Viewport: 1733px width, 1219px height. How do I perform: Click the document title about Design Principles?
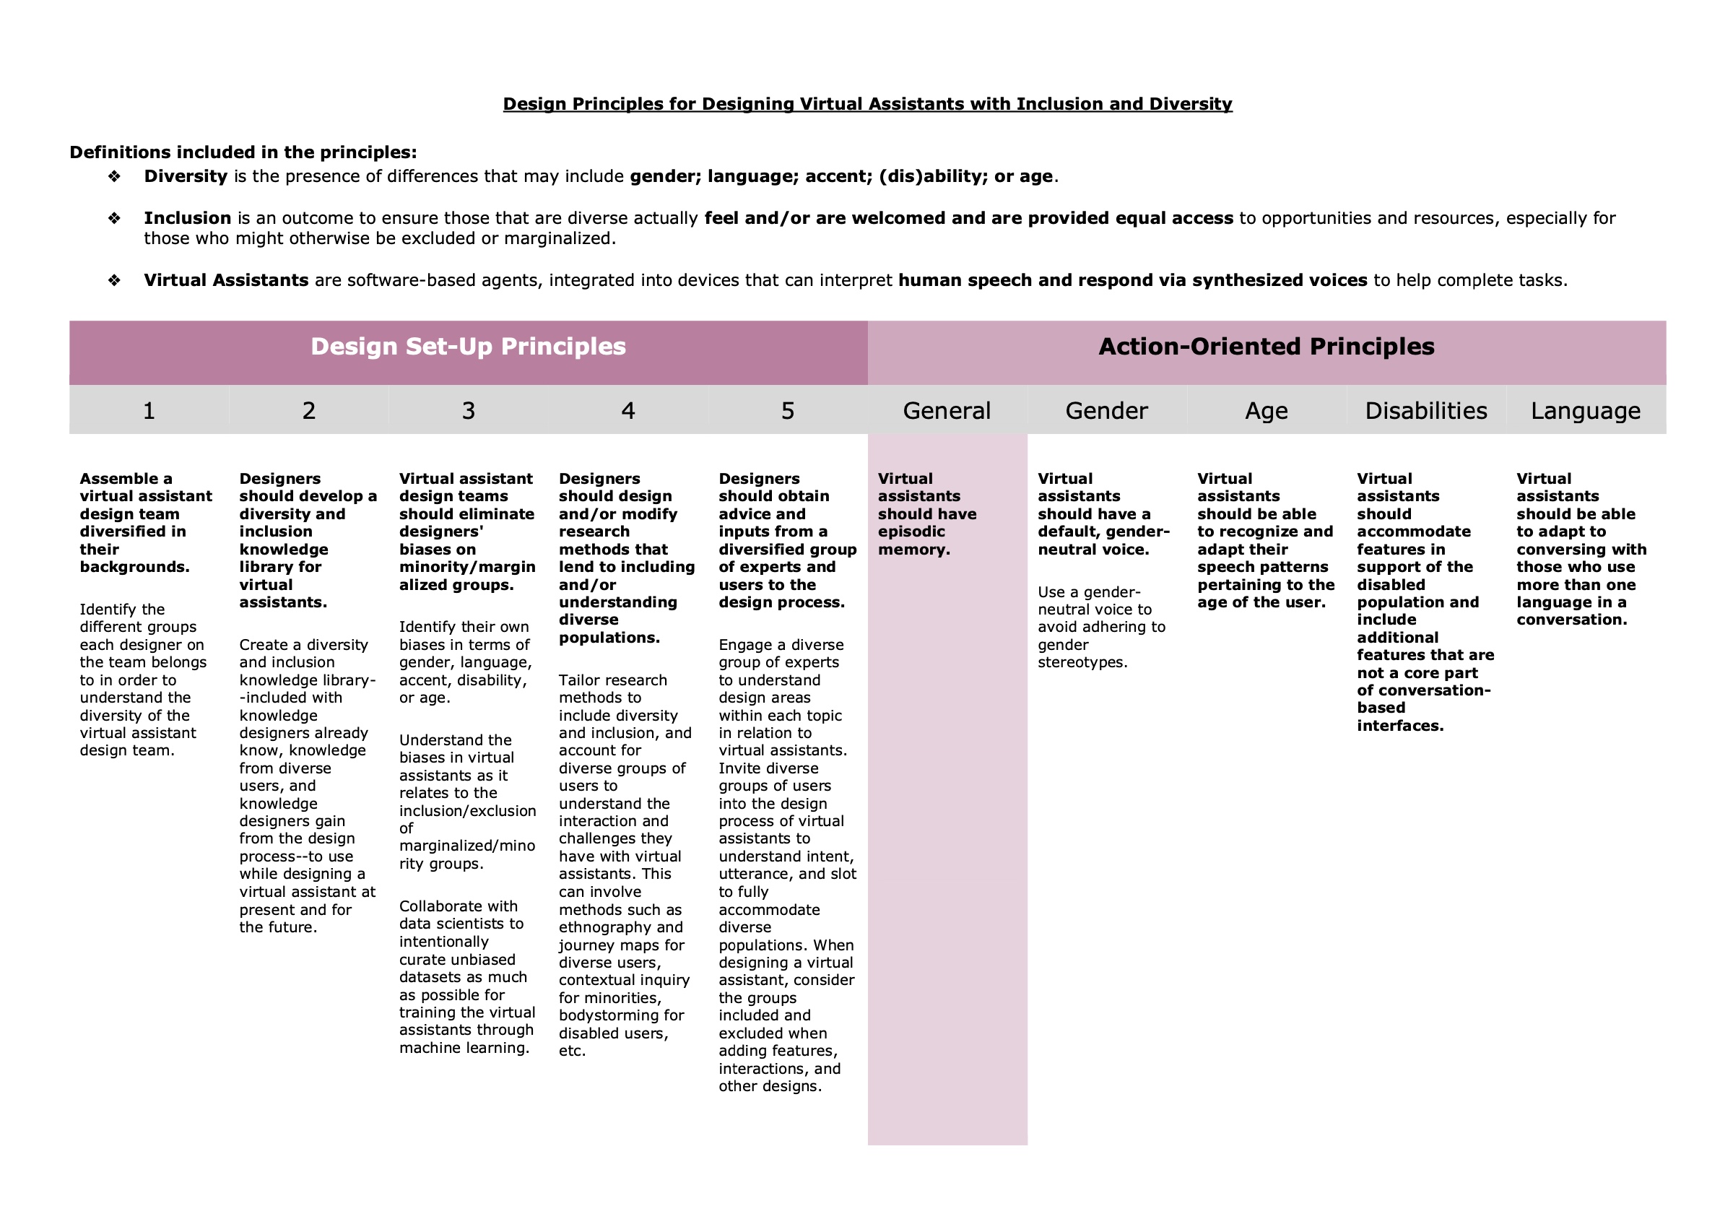click(x=867, y=104)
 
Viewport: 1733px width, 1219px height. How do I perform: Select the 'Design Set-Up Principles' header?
click(x=468, y=347)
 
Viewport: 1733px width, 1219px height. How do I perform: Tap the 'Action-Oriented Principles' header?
click(x=1266, y=347)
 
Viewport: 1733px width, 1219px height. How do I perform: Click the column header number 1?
click(x=149, y=411)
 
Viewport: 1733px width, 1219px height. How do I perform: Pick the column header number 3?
click(x=468, y=411)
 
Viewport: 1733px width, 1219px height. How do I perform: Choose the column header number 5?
click(x=787, y=411)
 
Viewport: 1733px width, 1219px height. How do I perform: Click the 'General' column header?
click(x=947, y=411)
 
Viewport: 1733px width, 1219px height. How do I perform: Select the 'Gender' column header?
click(x=1106, y=411)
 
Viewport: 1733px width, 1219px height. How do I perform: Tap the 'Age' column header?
click(x=1266, y=411)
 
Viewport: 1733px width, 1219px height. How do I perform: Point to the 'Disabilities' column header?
click(x=1426, y=411)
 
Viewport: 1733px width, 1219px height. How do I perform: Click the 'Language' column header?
click(x=1585, y=411)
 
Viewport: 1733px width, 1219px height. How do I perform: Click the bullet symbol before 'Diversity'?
click(x=114, y=177)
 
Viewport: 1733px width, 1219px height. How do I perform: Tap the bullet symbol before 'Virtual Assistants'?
click(x=114, y=281)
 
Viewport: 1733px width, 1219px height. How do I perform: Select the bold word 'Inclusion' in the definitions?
click(x=187, y=218)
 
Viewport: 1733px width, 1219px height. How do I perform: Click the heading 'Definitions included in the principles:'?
click(x=243, y=152)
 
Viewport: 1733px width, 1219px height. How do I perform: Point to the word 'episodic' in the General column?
click(x=911, y=532)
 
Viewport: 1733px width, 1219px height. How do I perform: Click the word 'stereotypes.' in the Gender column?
click(x=1082, y=663)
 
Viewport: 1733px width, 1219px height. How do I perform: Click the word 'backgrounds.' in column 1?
click(x=134, y=567)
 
